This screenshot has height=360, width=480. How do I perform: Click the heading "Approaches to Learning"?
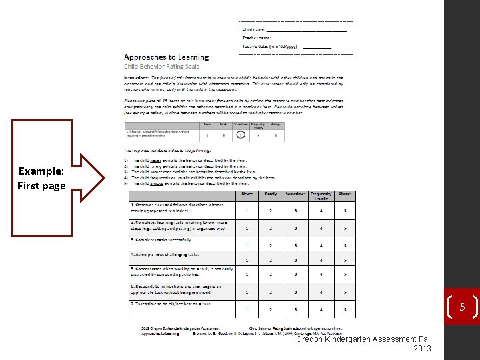166,57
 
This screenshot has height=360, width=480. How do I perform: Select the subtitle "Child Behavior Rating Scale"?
161,67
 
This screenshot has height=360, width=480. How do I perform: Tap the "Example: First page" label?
41,179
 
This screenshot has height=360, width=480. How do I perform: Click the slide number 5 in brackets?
461,307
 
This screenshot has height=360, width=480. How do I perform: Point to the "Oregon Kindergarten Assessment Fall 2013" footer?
364,343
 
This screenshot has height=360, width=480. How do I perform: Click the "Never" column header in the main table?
247,194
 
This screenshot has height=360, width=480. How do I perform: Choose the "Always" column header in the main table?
345,194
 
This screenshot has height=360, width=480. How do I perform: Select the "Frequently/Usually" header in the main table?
321,196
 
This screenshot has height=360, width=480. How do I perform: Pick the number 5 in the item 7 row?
345,309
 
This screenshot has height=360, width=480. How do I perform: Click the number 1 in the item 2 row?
247,229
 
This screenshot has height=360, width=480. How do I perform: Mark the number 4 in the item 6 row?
321,292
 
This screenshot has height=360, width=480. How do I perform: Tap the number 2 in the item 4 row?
271,260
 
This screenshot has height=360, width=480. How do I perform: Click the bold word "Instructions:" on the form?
136,78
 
